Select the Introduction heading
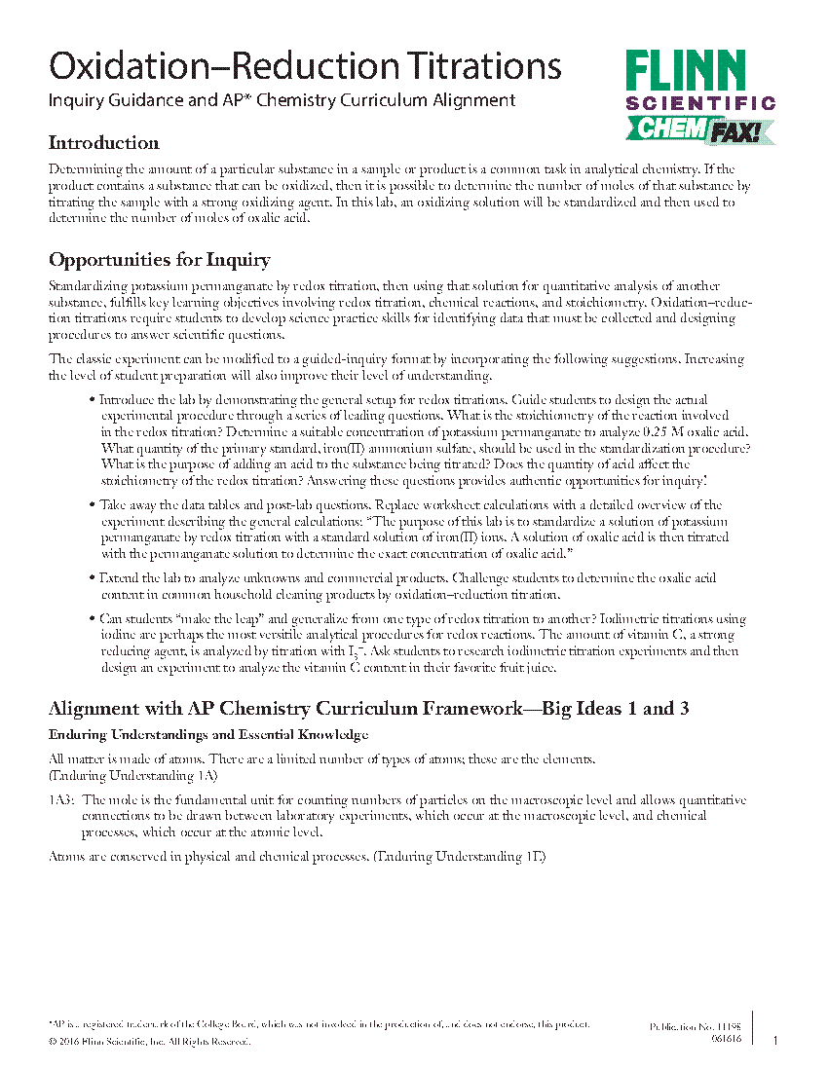point(103,143)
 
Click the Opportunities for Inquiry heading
point(159,260)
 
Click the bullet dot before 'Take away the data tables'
point(92,505)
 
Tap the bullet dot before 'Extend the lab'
point(92,578)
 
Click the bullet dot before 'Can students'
point(92,619)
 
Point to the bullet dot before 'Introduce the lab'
point(92,400)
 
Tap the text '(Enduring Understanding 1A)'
point(133,775)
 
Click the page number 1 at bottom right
point(775,1041)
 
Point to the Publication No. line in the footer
point(695,1027)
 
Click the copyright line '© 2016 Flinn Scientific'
point(149,1042)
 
